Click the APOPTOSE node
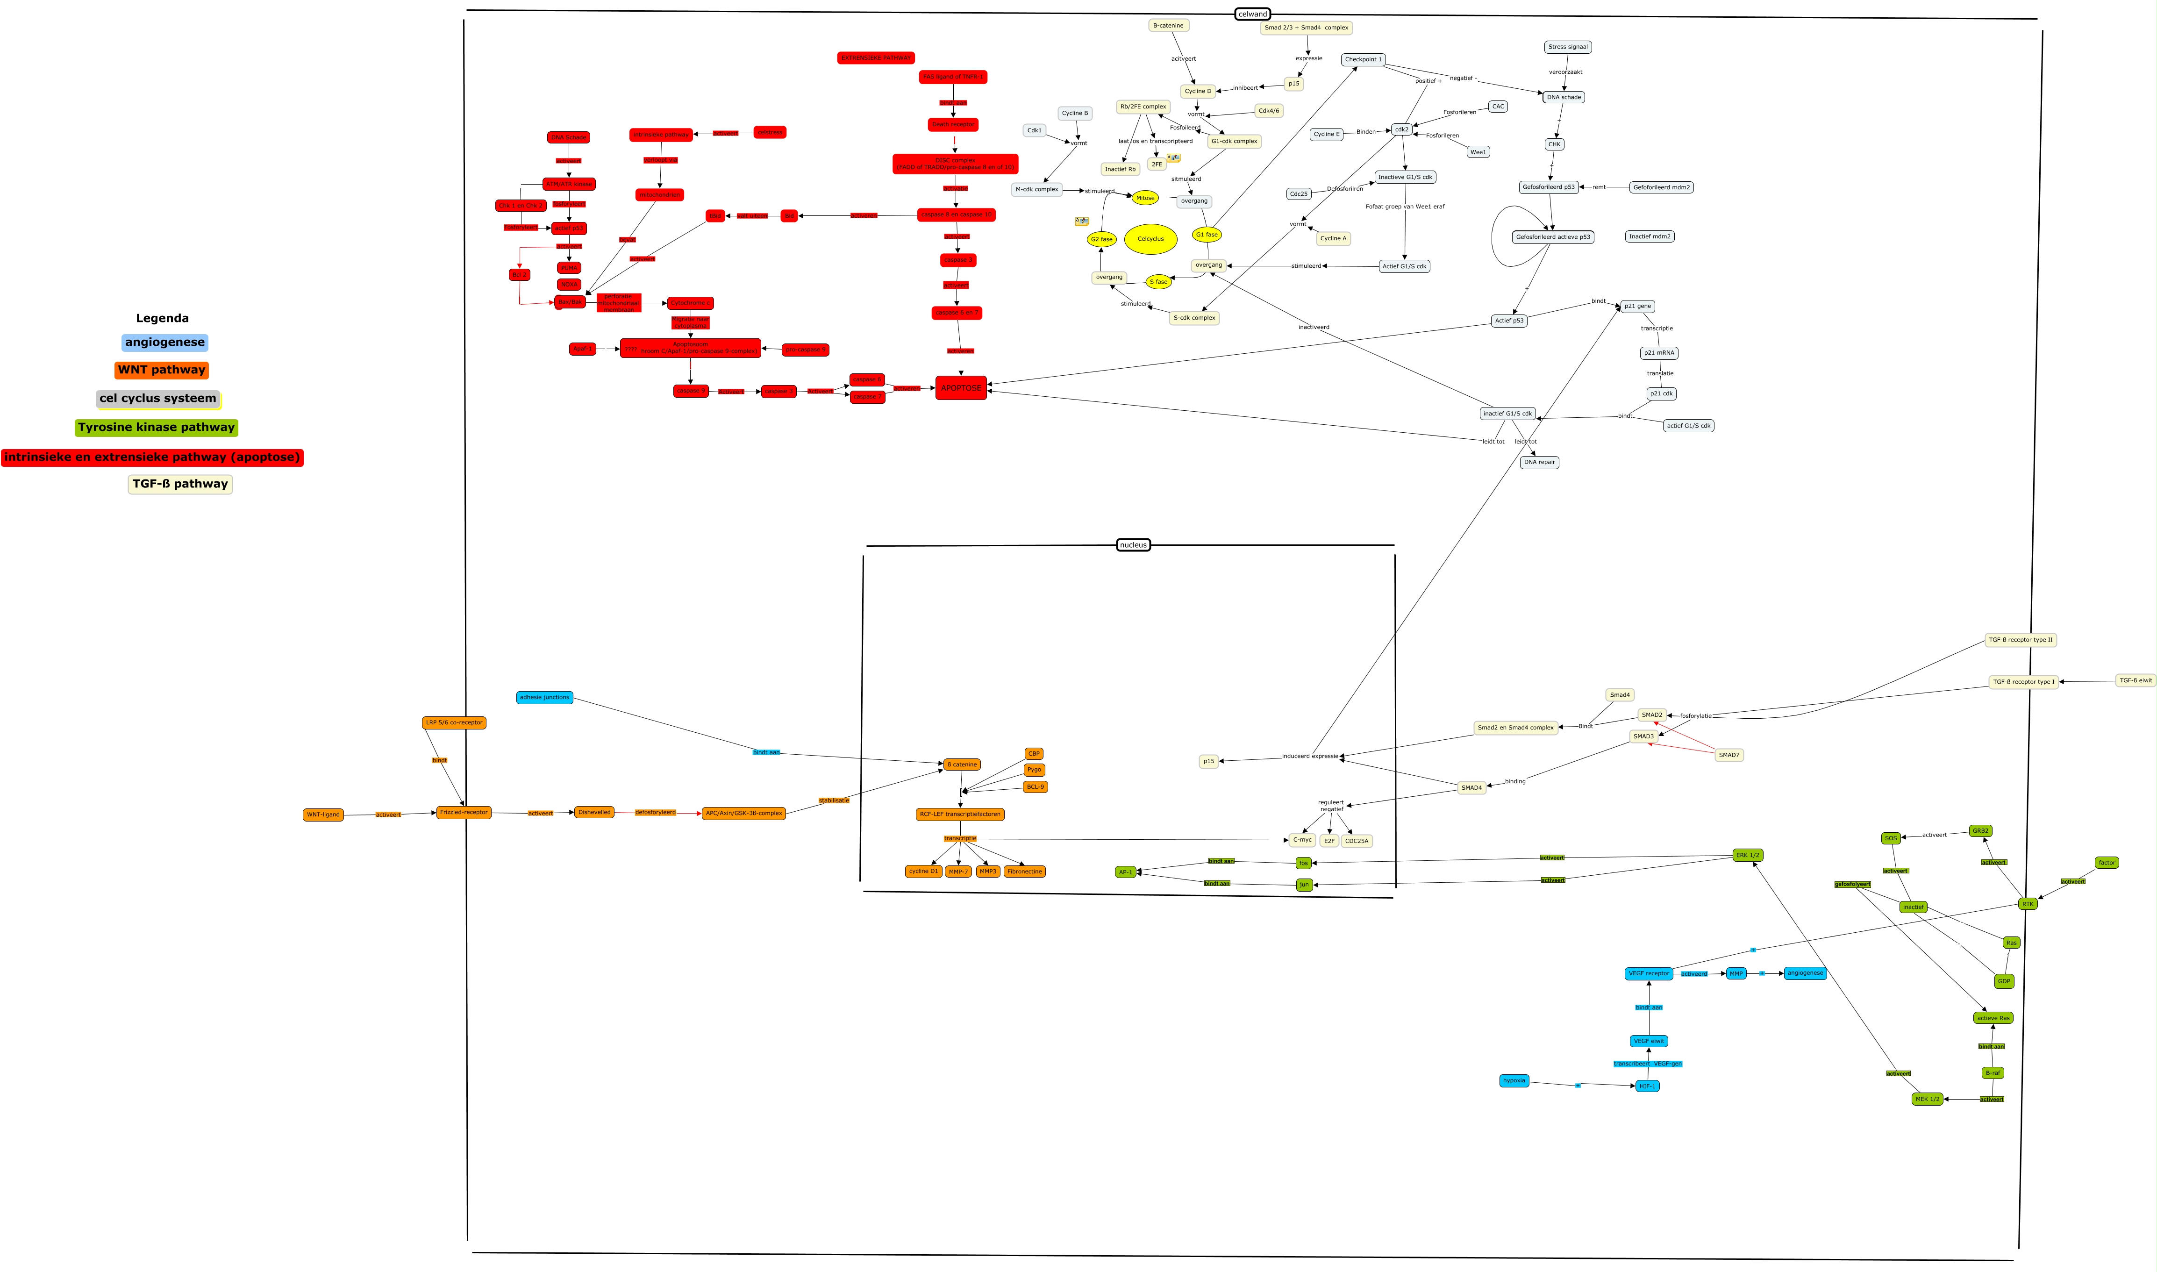(961, 388)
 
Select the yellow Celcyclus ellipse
(1150, 239)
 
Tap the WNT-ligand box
(323, 815)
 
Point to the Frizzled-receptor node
(464, 813)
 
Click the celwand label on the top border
(1252, 14)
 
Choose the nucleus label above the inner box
(1133, 545)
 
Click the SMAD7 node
(1728, 755)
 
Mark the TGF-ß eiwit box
(2135, 680)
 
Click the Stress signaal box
(1567, 47)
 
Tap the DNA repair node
(1539, 462)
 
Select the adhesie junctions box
(544, 698)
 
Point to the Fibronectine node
(1024, 872)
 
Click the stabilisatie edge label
(834, 800)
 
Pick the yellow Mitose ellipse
(1145, 198)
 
